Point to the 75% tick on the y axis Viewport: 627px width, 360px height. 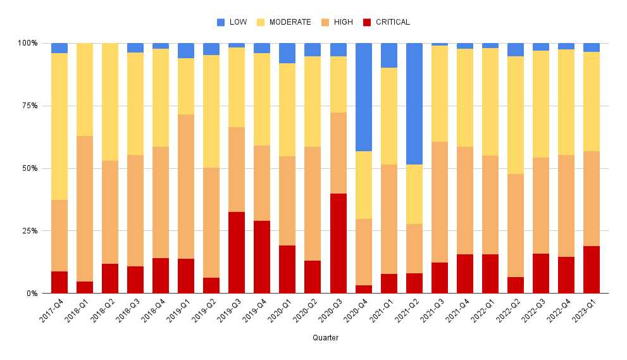coord(28,106)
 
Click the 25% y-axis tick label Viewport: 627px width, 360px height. coord(28,231)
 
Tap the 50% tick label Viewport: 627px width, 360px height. coord(28,168)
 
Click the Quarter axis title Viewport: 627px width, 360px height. coord(325,338)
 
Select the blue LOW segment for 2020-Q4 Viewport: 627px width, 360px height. coord(363,97)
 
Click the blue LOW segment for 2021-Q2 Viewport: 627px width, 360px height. coord(414,104)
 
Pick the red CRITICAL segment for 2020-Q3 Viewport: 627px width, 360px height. coord(338,244)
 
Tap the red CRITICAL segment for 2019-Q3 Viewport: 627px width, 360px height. coord(237,252)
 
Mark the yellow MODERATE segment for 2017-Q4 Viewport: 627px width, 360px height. coord(59,127)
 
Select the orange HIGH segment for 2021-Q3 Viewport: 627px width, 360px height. coord(439,202)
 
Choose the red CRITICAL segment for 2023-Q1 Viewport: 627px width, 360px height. coord(591,270)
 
